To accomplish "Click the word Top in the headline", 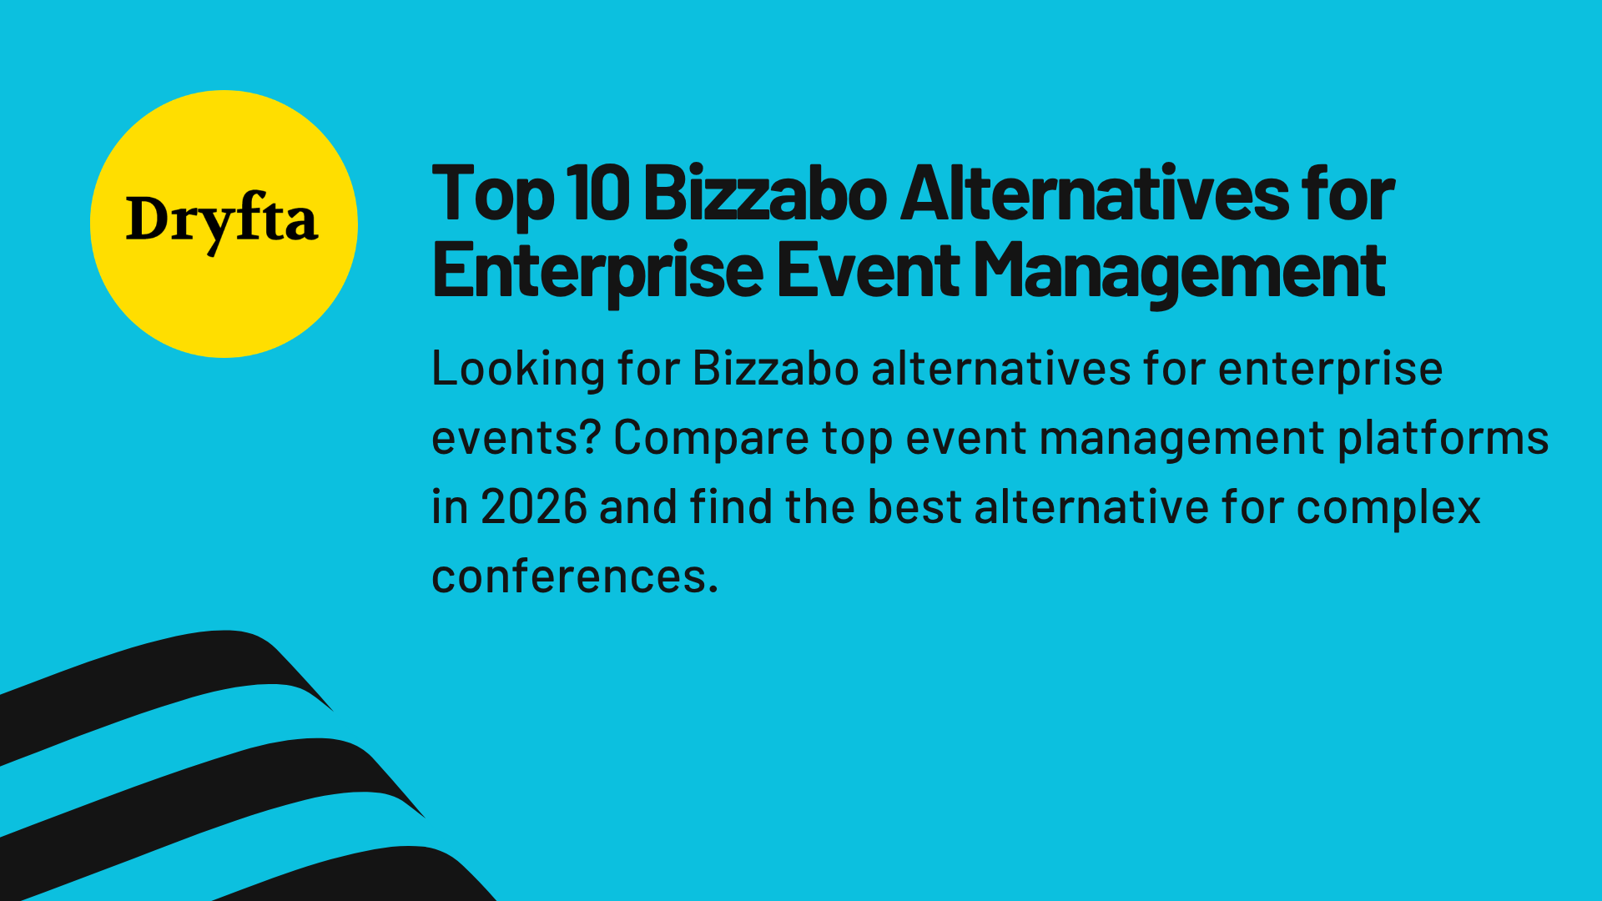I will coord(492,195).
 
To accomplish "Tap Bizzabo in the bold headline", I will coord(765,194).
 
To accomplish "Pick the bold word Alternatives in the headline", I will coord(1094,194).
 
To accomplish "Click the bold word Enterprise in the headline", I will coord(597,270).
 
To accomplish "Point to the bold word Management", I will coord(1179,272).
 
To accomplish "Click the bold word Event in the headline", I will coord(867,270).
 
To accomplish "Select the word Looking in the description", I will coord(518,370).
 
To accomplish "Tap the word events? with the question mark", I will coord(516,439).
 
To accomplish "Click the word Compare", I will coord(711,439).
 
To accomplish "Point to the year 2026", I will coord(534,507).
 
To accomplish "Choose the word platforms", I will coord(1443,439).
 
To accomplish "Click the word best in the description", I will coord(914,507).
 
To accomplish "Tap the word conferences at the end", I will coord(569,576).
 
